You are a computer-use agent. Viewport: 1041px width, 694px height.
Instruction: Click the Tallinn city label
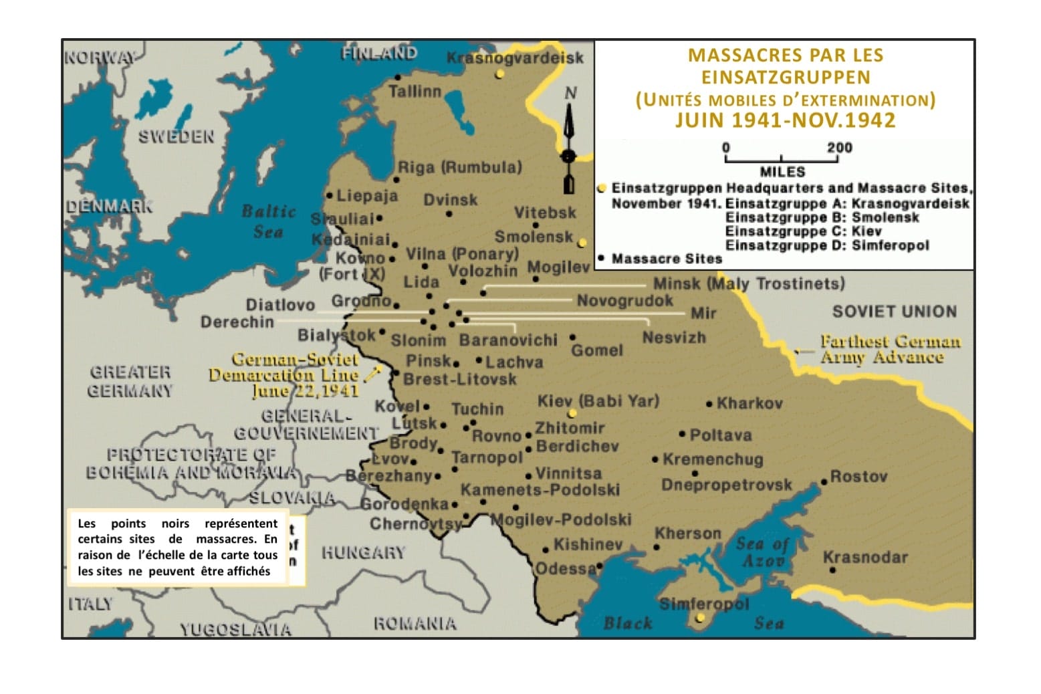click(x=415, y=92)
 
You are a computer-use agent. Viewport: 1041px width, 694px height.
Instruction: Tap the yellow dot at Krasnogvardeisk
click(x=499, y=74)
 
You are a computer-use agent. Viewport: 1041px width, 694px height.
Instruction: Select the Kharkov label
click(x=749, y=403)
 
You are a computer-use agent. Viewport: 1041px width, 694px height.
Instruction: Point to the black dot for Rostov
click(x=824, y=482)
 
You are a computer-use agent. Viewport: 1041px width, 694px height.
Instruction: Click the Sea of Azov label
click(x=762, y=552)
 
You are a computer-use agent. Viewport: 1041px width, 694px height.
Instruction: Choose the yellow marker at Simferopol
click(x=699, y=618)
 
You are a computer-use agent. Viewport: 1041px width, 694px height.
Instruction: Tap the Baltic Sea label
click(x=268, y=221)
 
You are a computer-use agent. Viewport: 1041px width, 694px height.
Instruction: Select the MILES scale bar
click(x=781, y=159)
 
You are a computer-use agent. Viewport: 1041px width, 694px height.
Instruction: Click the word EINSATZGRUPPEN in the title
click(x=785, y=78)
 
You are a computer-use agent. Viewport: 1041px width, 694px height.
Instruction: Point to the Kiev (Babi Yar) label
click(x=598, y=400)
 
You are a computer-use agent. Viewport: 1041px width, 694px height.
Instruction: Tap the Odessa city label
click(x=565, y=568)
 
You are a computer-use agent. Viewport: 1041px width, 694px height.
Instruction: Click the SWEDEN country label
click(x=176, y=137)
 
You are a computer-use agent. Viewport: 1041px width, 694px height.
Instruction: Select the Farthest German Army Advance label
click(x=890, y=349)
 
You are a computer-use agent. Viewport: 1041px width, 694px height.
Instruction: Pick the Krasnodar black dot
click(x=832, y=570)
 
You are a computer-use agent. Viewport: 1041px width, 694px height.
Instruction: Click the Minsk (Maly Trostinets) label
click(x=748, y=283)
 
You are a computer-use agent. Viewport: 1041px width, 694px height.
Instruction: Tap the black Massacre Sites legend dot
click(x=602, y=259)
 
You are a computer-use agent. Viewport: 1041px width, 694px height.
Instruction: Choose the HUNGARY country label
click(x=363, y=553)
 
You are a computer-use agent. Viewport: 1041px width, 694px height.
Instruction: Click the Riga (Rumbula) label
click(x=459, y=167)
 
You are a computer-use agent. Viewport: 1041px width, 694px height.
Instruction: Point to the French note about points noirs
click(x=177, y=547)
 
